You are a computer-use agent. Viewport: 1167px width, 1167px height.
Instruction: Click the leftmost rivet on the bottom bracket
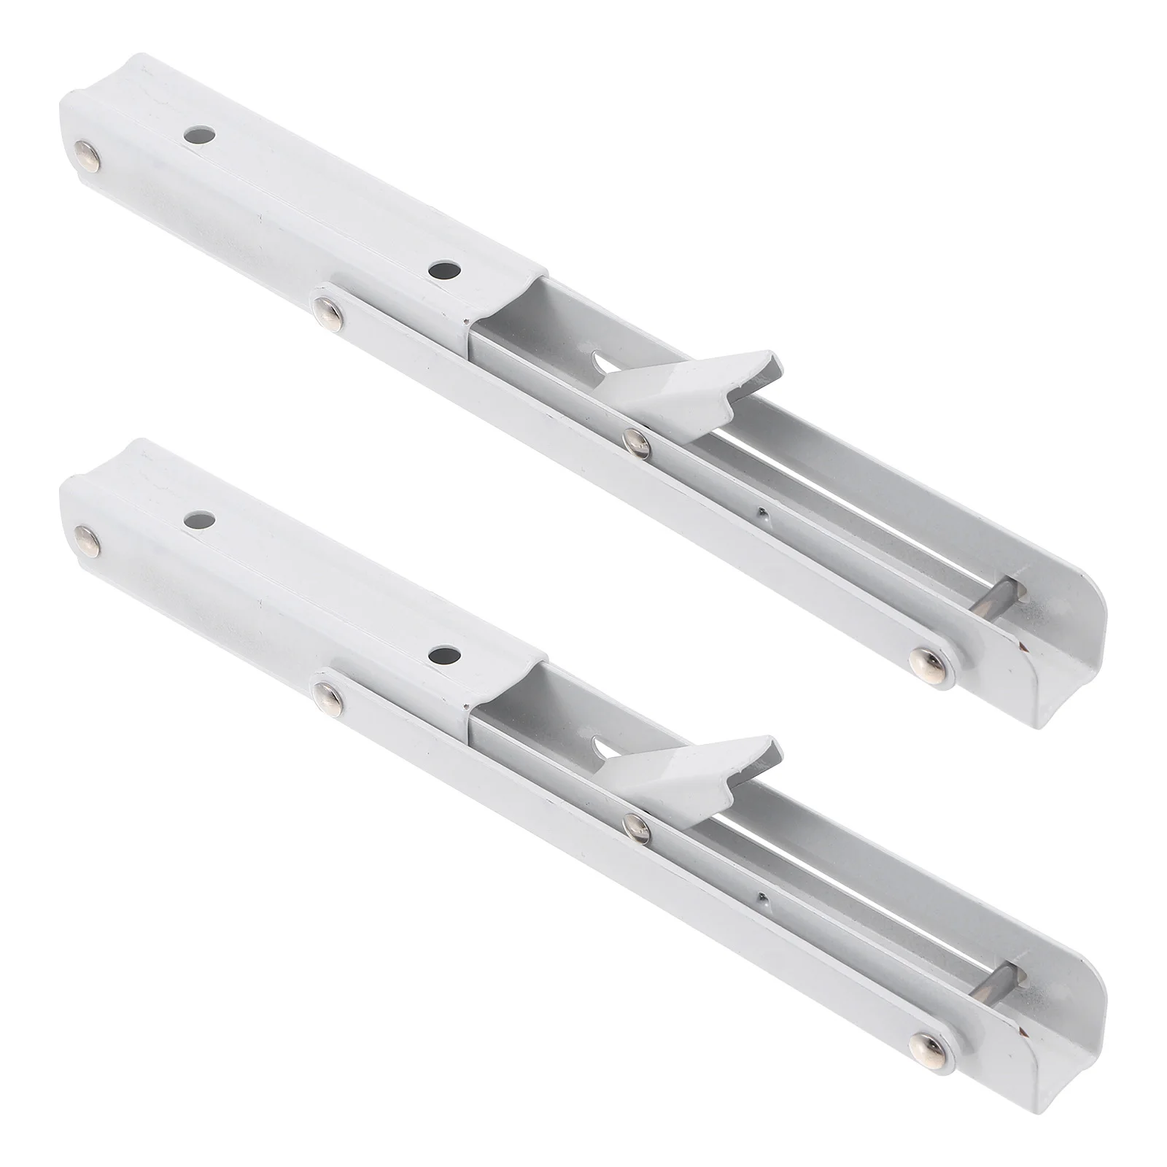click(x=88, y=538)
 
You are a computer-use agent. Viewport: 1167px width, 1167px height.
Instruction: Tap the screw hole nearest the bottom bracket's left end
click(x=199, y=520)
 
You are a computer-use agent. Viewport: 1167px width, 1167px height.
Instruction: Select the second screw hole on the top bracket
click(x=444, y=271)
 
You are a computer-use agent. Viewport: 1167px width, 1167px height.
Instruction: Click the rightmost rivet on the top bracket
click(x=927, y=659)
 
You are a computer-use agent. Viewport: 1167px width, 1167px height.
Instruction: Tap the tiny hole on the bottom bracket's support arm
click(x=761, y=896)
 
